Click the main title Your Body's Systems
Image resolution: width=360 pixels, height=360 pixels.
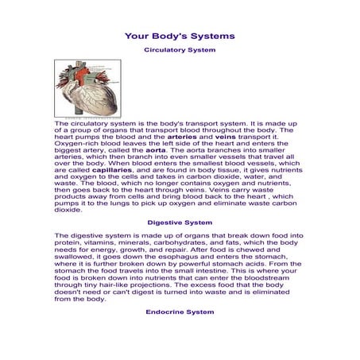click(180, 36)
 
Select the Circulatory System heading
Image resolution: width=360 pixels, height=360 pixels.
click(180, 50)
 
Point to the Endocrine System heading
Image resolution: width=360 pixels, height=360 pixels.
click(180, 312)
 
